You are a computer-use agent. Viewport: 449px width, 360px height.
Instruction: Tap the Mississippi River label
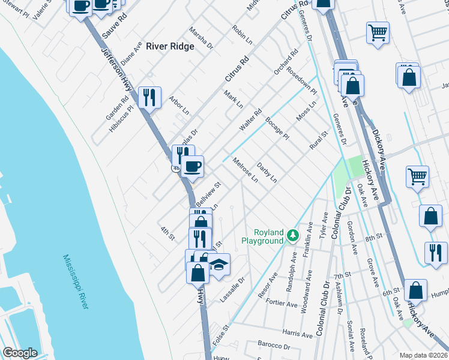click(x=76, y=281)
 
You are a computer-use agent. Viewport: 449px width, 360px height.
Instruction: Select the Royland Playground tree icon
click(x=292, y=235)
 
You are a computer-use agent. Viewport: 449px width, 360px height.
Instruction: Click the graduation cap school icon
click(x=219, y=265)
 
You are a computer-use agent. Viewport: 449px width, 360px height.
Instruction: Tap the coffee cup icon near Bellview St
click(x=192, y=166)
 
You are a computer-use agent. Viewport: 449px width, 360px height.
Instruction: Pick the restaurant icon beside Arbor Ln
click(x=149, y=97)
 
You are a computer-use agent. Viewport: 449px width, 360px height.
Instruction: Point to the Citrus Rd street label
click(x=237, y=69)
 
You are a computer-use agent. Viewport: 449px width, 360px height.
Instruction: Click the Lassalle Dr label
click(x=234, y=289)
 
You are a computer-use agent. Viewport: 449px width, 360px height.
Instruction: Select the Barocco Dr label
click(x=274, y=346)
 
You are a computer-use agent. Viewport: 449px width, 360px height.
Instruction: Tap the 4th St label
click(x=167, y=233)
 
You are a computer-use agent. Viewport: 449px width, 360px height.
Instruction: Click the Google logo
click(x=20, y=353)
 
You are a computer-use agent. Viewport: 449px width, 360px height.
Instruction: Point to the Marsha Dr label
click(x=201, y=37)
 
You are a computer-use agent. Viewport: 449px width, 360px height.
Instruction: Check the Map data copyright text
click(x=423, y=355)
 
